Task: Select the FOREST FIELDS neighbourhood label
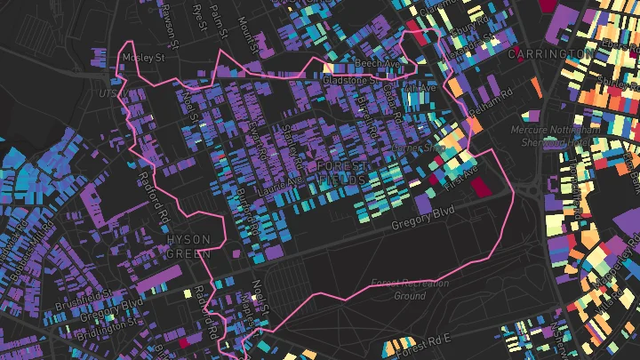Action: click(341, 172)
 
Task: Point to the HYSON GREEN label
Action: click(189, 246)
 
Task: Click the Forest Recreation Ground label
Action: click(410, 289)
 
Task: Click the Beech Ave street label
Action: click(377, 64)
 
